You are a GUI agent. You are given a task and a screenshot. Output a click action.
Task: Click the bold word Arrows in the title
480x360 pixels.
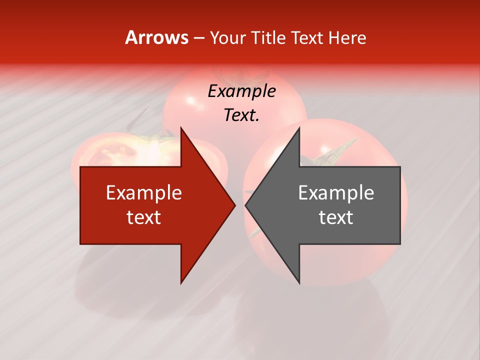coord(157,37)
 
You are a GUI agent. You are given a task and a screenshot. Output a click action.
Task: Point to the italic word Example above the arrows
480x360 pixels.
coord(241,91)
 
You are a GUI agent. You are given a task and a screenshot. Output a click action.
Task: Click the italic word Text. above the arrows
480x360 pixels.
coord(241,115)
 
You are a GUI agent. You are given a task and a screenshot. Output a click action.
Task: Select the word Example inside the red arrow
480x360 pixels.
coord(143,192)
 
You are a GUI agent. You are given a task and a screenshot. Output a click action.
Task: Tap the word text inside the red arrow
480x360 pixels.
coord(143,217)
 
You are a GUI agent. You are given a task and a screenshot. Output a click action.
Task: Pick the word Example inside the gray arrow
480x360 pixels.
coord(336,192)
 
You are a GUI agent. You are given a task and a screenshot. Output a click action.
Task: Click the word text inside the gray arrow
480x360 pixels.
coord(336,217)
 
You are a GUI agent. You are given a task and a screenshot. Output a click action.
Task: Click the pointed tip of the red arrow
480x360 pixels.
coord(234,205)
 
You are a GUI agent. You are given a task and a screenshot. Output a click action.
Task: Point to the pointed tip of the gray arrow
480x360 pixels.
coord(246,205)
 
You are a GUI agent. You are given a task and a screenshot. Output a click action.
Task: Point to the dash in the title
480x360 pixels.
coord(198,38)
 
